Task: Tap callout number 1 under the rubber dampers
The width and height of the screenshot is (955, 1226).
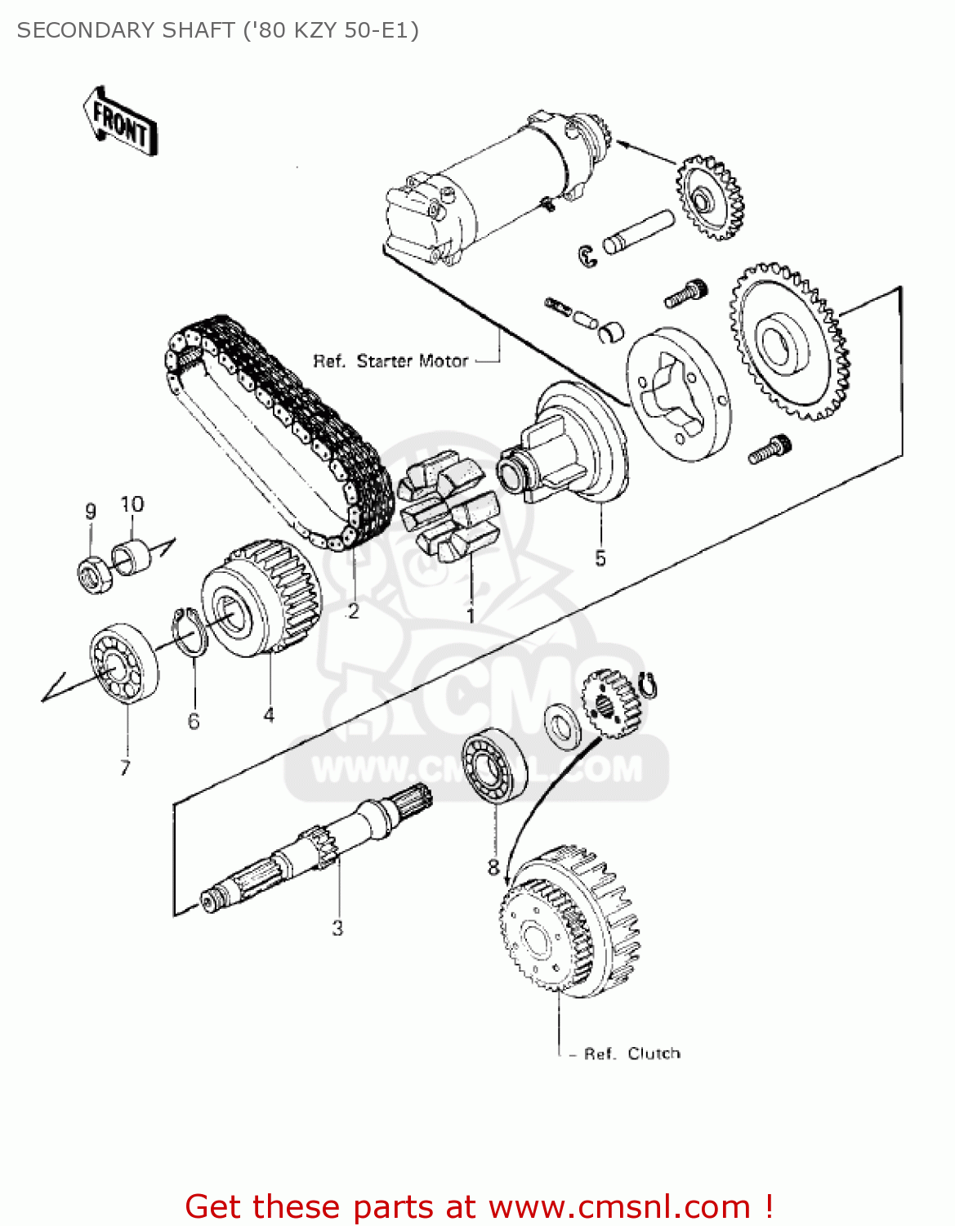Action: pos(471,615)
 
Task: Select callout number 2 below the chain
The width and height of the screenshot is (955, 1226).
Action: pos(353,611)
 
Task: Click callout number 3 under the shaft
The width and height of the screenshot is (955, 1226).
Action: pos(337,928)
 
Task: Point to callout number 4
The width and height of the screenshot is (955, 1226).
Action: pos(269,715)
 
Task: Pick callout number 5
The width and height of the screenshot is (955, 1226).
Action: pos(600,558)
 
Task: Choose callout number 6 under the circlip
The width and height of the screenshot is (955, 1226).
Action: pos(194,721)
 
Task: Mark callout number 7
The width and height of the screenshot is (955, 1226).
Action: pos(125,767)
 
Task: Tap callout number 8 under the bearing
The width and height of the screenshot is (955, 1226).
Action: pos(493,866)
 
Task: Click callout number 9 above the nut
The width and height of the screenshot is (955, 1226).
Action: pos(91,512)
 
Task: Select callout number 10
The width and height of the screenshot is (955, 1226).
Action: pos(132,504)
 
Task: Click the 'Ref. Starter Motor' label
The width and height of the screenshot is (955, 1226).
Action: pos(390,360)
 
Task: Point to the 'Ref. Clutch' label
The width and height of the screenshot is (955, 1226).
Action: pos(631,1054)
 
